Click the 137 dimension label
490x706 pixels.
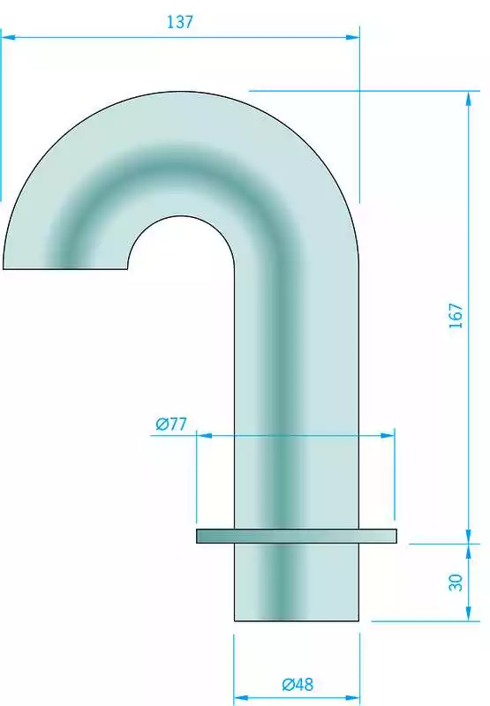coord(180,22)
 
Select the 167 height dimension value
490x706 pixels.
coord(456,316)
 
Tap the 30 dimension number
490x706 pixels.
coord(456,582)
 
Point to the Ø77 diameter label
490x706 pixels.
coord(170,424)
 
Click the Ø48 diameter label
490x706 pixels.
coord(298,685)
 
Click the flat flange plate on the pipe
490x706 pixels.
coord(297,536)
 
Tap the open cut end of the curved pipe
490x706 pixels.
coord(65,269)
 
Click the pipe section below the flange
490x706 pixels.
coord(297,582)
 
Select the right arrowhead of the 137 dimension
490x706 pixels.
coord(352,37)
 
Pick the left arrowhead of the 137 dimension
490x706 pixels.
coord(8,37)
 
